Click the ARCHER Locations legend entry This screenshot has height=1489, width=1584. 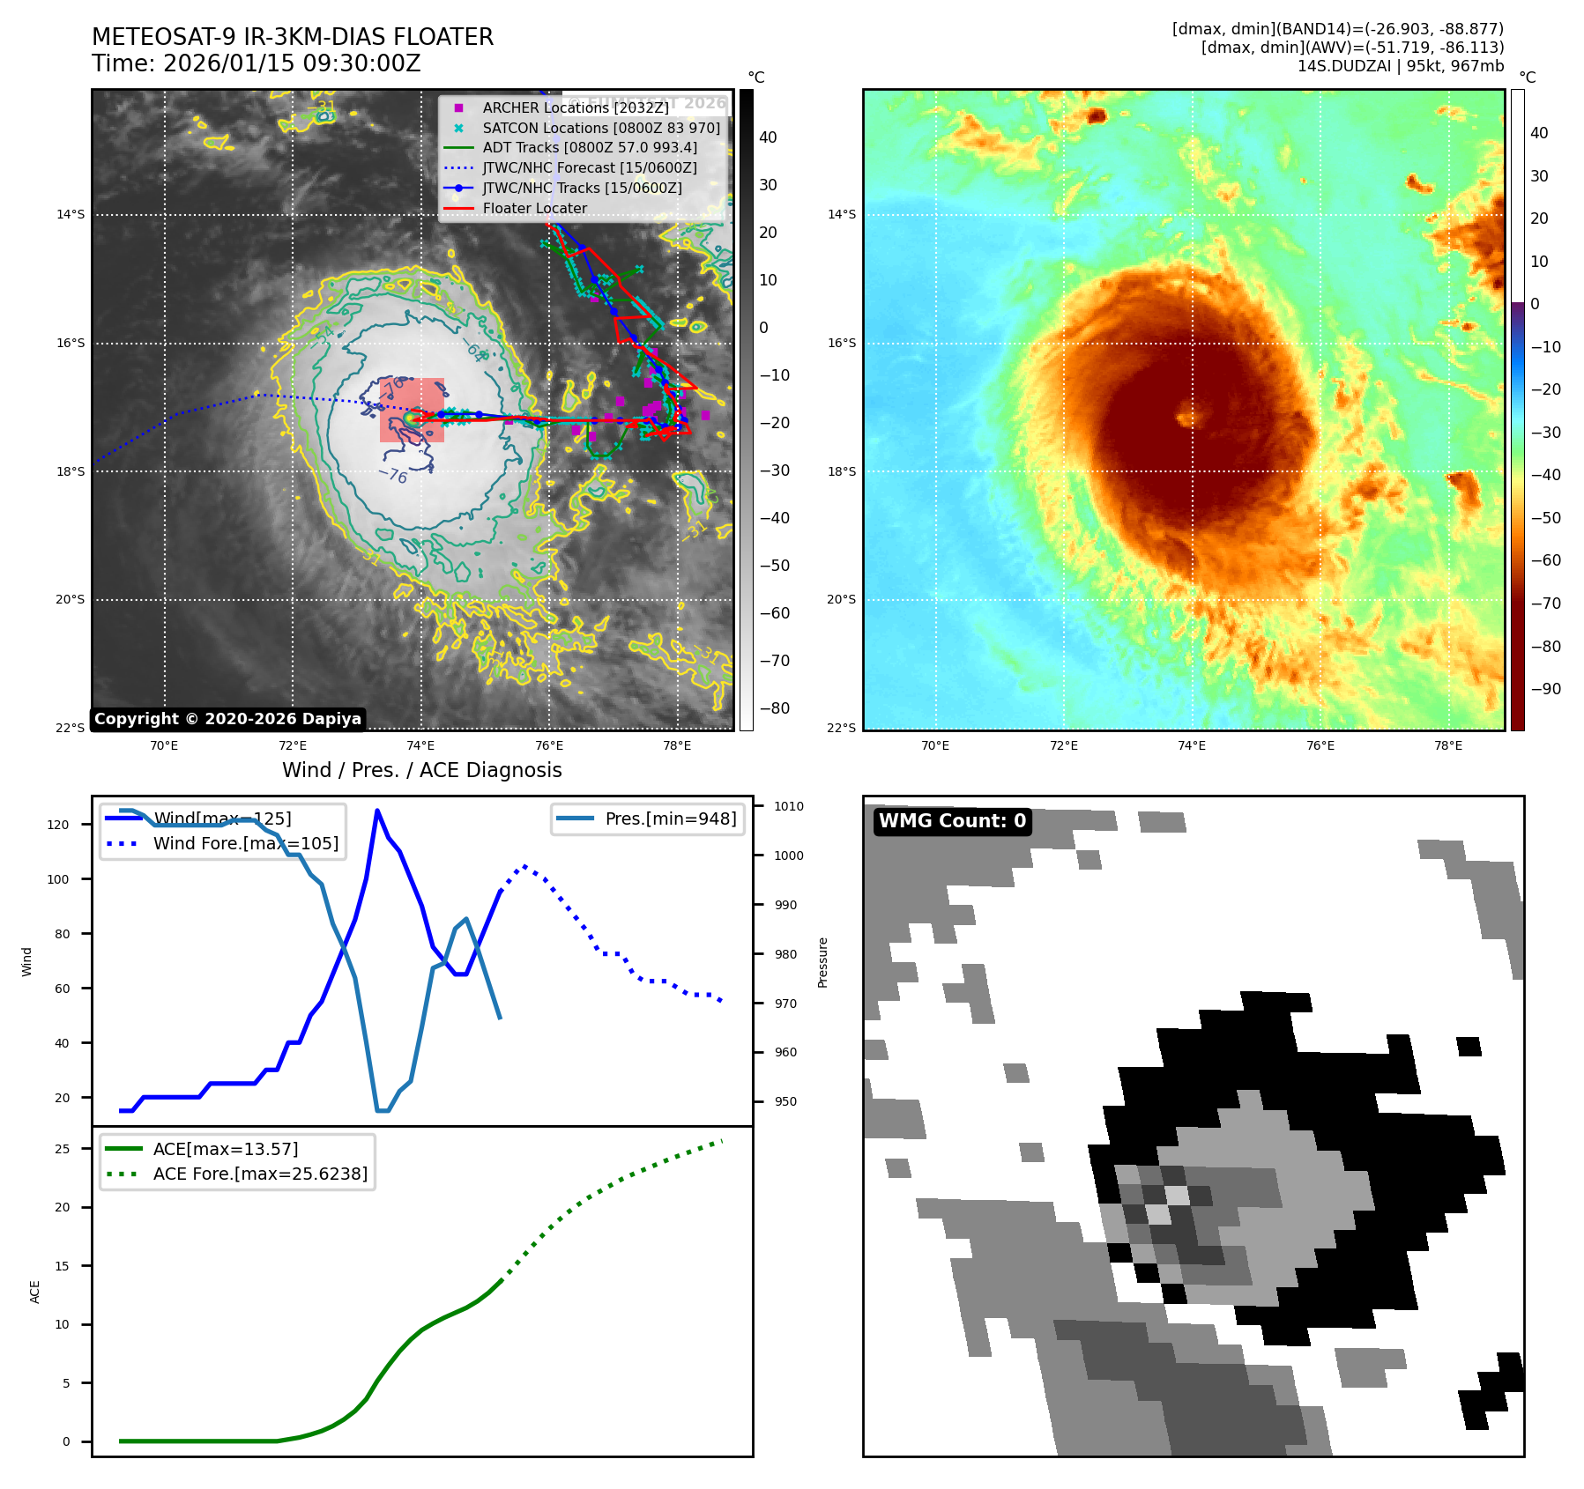[x=575, y=107]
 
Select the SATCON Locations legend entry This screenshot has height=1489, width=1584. [x=600, y=128]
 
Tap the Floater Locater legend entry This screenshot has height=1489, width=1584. [x=534, y=208]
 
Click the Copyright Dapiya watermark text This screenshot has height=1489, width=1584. [x=227, y=719]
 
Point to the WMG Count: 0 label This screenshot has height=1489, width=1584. [x=952, y=821]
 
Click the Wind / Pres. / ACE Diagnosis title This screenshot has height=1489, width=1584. [x=421, y=770]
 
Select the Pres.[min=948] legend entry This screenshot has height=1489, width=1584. [x=670, y=819]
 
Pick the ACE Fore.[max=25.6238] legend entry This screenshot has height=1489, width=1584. [x=260, y=1174]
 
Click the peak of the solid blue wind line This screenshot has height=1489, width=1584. [x=377, y=811]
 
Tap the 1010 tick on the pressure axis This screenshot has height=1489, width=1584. [x=789, y=806]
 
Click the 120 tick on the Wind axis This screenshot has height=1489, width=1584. [x=58, y=825]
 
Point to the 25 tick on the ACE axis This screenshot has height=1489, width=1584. [x=62, y=1149]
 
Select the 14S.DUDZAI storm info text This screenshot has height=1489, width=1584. [x=1400, y=66]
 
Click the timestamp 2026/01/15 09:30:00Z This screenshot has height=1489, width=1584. [x=292, y=63]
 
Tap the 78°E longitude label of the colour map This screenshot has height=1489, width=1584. [x=1448, y=745]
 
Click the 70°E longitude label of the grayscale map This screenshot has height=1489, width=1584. [x=164, y=745]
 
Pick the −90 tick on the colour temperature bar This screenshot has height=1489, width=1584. [x=1545, y=689]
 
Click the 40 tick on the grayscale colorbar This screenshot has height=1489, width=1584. [x=768, y=137]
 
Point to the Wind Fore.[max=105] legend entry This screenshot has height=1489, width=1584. [x=245, y=843]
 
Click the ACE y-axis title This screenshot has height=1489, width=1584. [x=35, y=1292]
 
